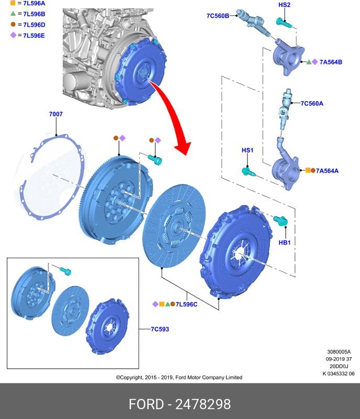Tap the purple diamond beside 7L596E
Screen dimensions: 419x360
pos(13,35)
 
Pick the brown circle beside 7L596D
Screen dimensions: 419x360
pos(13,25)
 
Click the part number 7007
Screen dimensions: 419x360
pos(56,114)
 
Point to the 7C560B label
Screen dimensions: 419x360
pos(217,16)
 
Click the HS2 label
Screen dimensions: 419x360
pos(284,5)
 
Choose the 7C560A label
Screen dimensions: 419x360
pos(312,103)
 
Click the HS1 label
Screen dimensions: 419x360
pos(247,150)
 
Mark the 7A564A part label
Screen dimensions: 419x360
pos(328,170)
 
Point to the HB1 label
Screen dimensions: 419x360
pos(284,242)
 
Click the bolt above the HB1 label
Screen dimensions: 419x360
pos(281,220)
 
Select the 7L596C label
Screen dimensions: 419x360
pos(186,304)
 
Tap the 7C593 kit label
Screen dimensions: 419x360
pos(160,329)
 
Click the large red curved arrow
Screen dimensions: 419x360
pos(173,115)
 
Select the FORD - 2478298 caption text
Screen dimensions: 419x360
pos(180,404)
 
